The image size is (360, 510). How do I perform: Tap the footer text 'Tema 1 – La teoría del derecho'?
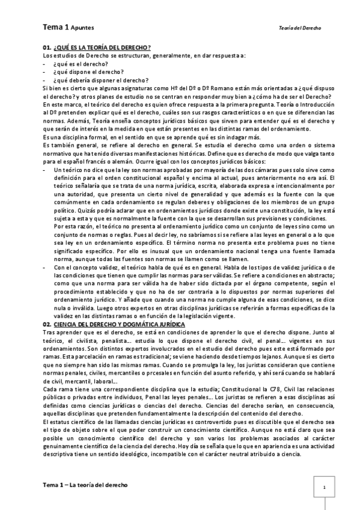(85, 484)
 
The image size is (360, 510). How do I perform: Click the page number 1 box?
(324, 487)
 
